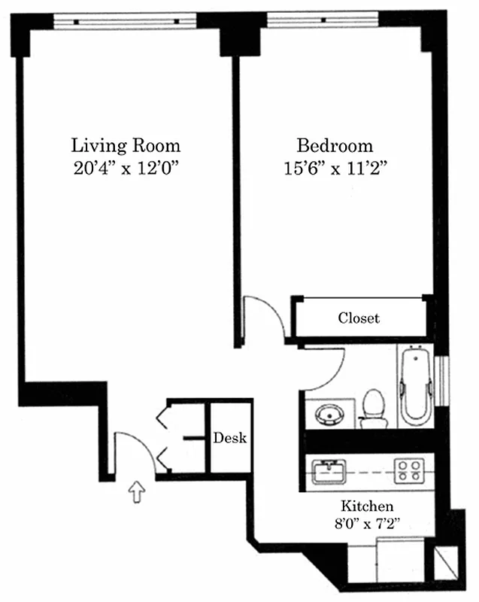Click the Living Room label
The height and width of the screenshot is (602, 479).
(126, 144)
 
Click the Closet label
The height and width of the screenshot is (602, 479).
(359, 318)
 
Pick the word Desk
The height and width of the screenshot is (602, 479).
(229, 437)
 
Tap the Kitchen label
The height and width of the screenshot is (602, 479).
(367, 506)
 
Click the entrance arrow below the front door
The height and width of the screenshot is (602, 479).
(136, 493)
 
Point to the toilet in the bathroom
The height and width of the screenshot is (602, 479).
(373, 408)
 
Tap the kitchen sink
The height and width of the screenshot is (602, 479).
(329, 471)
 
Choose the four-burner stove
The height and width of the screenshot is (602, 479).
(408, 471)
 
